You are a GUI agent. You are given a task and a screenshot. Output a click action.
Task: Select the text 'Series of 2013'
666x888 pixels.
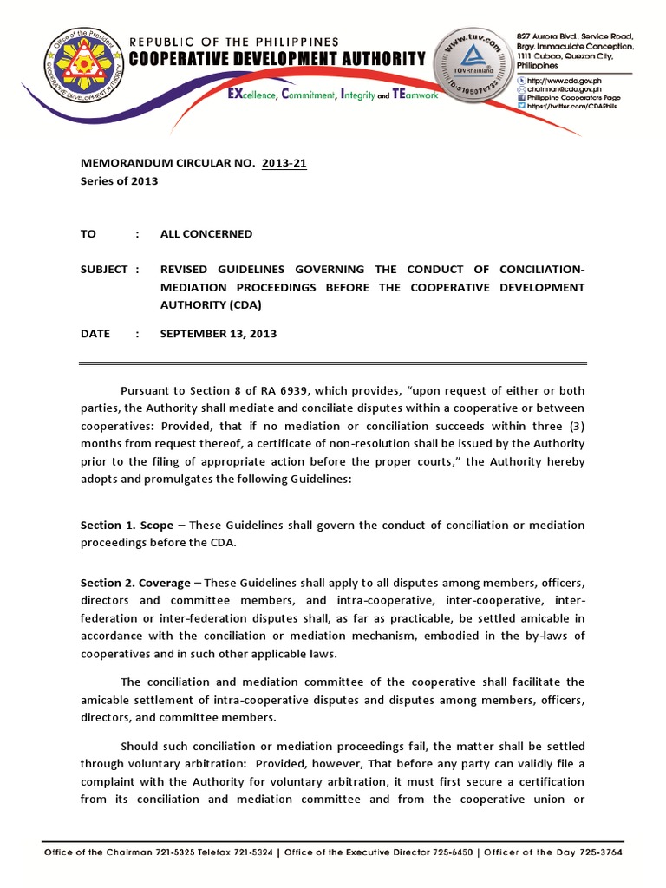(120, 180)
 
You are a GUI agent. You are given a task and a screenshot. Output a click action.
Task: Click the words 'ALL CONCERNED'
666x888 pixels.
(206, 233)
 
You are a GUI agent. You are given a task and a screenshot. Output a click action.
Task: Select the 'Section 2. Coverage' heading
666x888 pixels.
(135, 582)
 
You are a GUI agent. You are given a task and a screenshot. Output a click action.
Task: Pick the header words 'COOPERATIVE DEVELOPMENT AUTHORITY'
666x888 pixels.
(277, 59)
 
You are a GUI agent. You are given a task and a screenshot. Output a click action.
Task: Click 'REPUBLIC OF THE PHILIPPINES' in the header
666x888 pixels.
(234, 42)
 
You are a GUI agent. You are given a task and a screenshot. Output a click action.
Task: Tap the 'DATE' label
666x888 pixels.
(95, 334)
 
